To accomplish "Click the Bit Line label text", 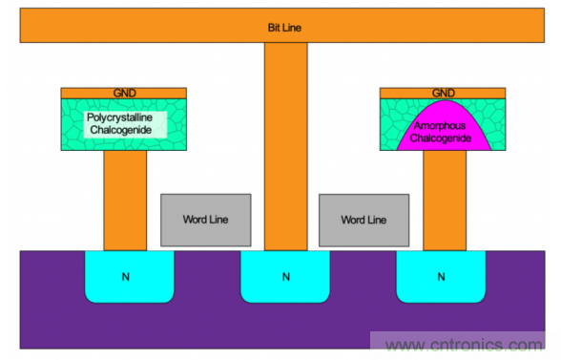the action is click(x=284, y=28).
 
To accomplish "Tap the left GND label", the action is click(x=124, y=94).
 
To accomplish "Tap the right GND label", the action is click(x=444, y=94).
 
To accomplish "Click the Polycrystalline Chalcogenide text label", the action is click(x=120, y=123).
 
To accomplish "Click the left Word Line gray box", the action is click(x=206, y=220).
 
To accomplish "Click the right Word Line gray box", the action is click(x=364, y=220).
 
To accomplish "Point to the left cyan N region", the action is click(x=130, y=277).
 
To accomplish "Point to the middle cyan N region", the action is click(x=285, y=277).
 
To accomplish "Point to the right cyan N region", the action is click(x=441, y=277).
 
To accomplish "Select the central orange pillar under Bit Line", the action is click(x=286, y=146).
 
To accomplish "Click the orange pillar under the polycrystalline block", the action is click(x=125, y=201).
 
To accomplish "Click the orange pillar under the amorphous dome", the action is click(x=445, y=201).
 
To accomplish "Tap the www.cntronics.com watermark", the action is click(x=464, y=345).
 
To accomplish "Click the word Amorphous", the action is click(x=440, y=126).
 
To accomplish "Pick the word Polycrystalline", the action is click(x=120, y=117).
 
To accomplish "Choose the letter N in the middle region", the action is click(x=286, y=277).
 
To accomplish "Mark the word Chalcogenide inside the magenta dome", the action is click(x=441, y=138).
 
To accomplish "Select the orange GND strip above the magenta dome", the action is click(x=443, y=94).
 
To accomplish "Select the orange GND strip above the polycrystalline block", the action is click(x=124, y=94).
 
